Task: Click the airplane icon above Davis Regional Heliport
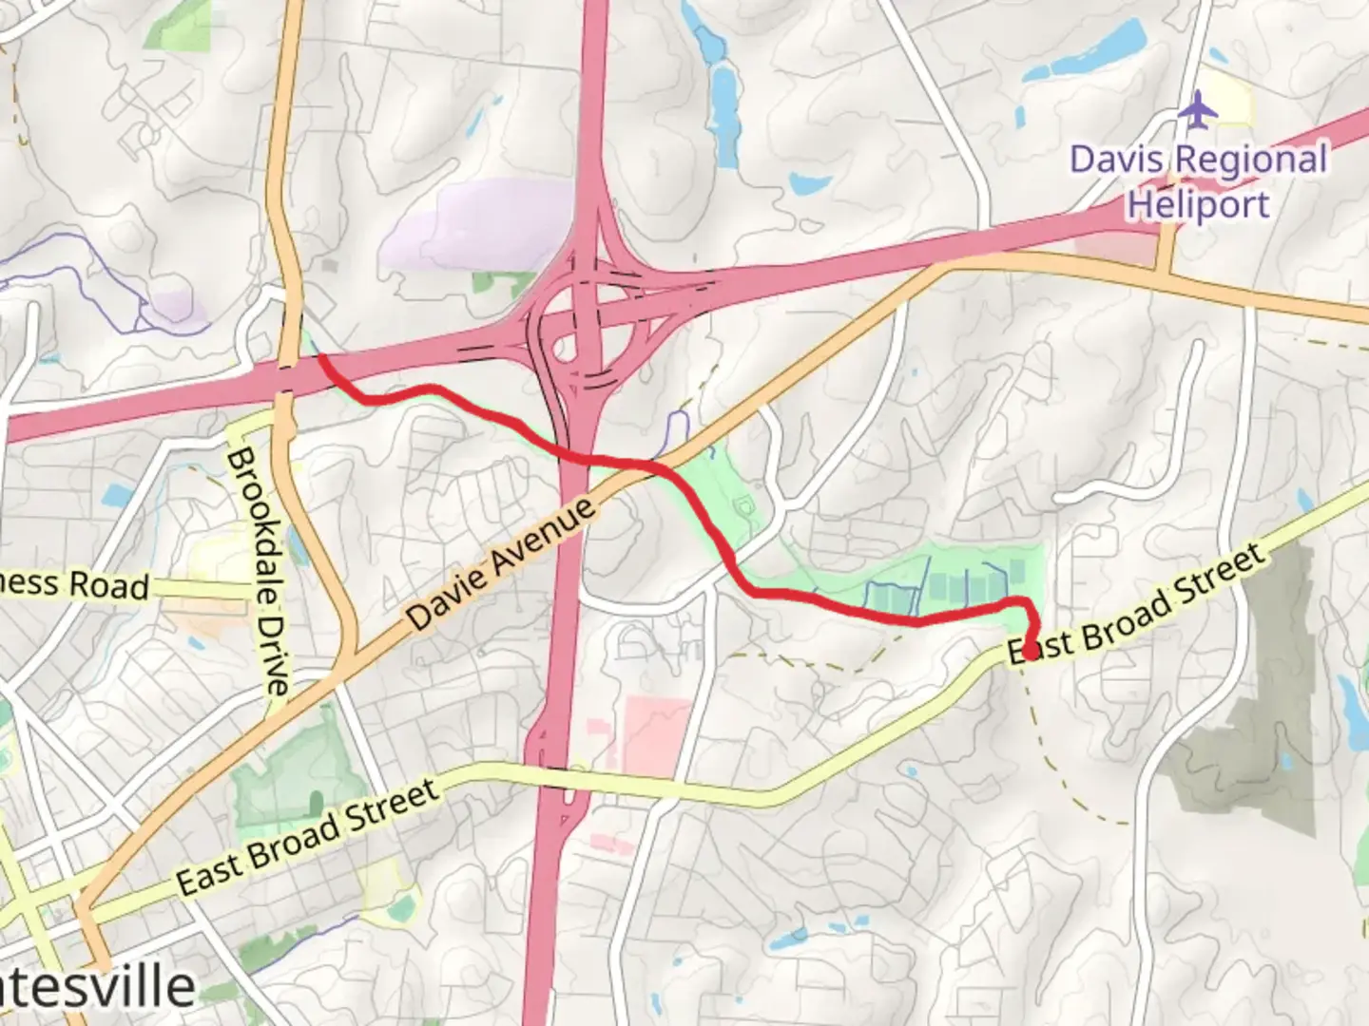point(1198,110)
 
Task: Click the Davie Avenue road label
point(503,563)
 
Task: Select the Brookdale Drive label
point(257,569)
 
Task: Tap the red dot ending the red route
point(1031,652)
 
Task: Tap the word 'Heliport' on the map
point(1198,204)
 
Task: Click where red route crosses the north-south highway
point(578,459)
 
